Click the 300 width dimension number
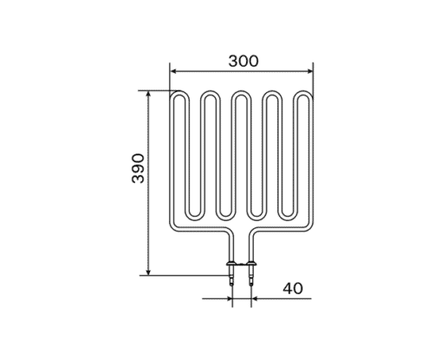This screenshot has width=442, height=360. (244, 61)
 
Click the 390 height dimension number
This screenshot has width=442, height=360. (138, 168)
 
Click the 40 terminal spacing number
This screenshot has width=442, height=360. (293, 288)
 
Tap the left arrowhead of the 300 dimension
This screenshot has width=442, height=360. (173, 71)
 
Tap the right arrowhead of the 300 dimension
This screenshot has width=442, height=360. (310, 71)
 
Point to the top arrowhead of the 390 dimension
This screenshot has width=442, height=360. (148, 95)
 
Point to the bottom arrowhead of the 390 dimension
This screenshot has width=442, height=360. (148, 272)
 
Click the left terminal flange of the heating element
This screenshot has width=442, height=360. (231, 264)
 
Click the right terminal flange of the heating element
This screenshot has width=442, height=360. (251, 264)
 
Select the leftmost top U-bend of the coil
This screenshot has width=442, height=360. (180, 92)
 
